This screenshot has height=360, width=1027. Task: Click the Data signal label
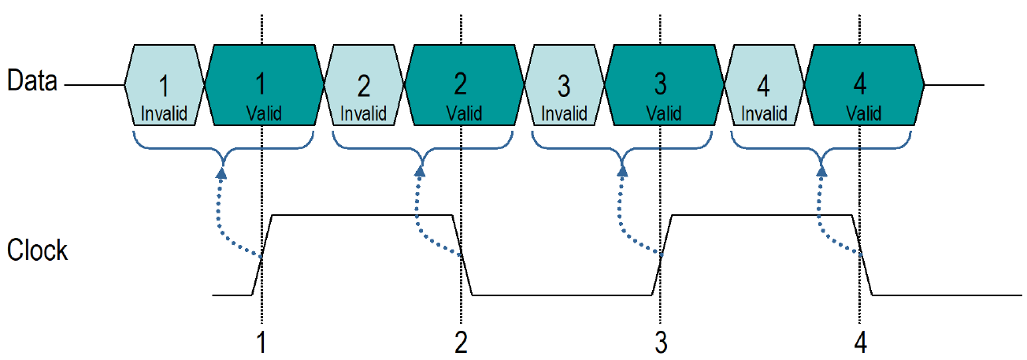[32, 80]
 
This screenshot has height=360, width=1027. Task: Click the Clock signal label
[37, 251]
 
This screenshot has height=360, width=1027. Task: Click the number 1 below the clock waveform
[261, 343]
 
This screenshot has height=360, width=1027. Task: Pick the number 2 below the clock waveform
[461, 343]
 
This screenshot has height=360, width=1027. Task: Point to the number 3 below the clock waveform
[661, 343]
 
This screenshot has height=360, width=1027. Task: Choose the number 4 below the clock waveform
[860, 343]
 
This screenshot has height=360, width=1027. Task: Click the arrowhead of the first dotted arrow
[222, 172]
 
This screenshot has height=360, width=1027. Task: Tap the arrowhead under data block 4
[821, 172]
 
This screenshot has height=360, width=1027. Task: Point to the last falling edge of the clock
[864, 254]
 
